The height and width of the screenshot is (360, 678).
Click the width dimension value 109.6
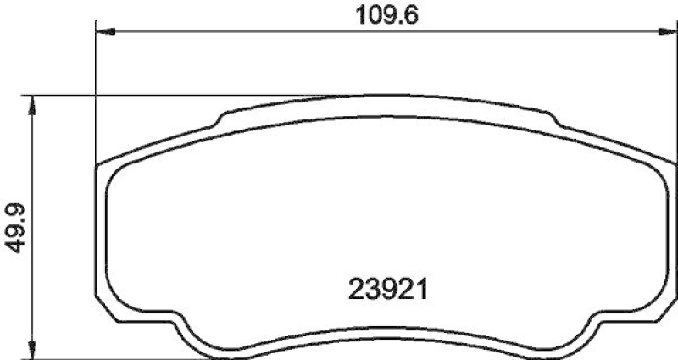point(379,14)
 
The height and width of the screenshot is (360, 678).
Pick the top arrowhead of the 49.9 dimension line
point(33,103)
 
